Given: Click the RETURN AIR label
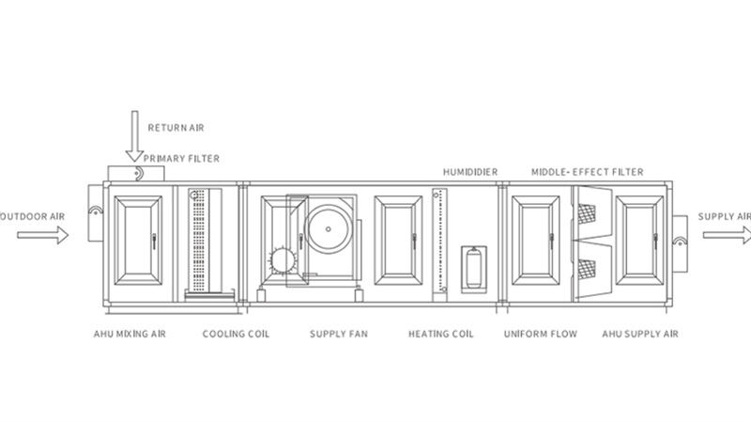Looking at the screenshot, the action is tap(176, 128).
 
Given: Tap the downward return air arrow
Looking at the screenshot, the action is tap(134, 136).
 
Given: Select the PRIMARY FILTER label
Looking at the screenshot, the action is tap(181, 158).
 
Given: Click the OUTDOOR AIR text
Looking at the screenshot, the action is tap(32, 216).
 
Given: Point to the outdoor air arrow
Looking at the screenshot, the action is tap(43, 235).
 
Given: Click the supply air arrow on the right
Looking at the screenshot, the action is tap(727, 235).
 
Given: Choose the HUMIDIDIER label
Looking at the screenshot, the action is tap(470, 172).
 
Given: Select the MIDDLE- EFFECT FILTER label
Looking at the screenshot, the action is tap(588, 172).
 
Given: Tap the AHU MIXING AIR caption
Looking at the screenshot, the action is tap(130, 334).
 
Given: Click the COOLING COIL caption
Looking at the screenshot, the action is tap(236, 334).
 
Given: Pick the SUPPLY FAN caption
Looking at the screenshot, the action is tap(339, 334).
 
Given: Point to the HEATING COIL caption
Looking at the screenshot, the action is tap(440, 334).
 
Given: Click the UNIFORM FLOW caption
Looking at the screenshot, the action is tap(541, 334).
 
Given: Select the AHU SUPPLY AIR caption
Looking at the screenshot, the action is tap(640, 334).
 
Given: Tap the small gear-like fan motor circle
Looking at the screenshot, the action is tap(283, 261).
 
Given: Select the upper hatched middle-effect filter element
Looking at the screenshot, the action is tap(587, 214).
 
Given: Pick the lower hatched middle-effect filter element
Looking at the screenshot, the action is tap(587, 270).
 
